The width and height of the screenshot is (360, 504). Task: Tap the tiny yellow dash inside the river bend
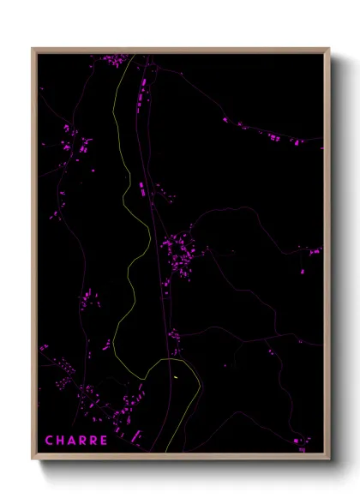coord(174,375)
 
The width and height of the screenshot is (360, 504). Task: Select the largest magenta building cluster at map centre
coord(181,253)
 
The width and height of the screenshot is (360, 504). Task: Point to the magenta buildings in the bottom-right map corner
coord(302,442)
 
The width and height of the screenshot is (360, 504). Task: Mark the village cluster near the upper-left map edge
coord(75,142)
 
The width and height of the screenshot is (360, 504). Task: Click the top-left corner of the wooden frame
coord(33,49)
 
